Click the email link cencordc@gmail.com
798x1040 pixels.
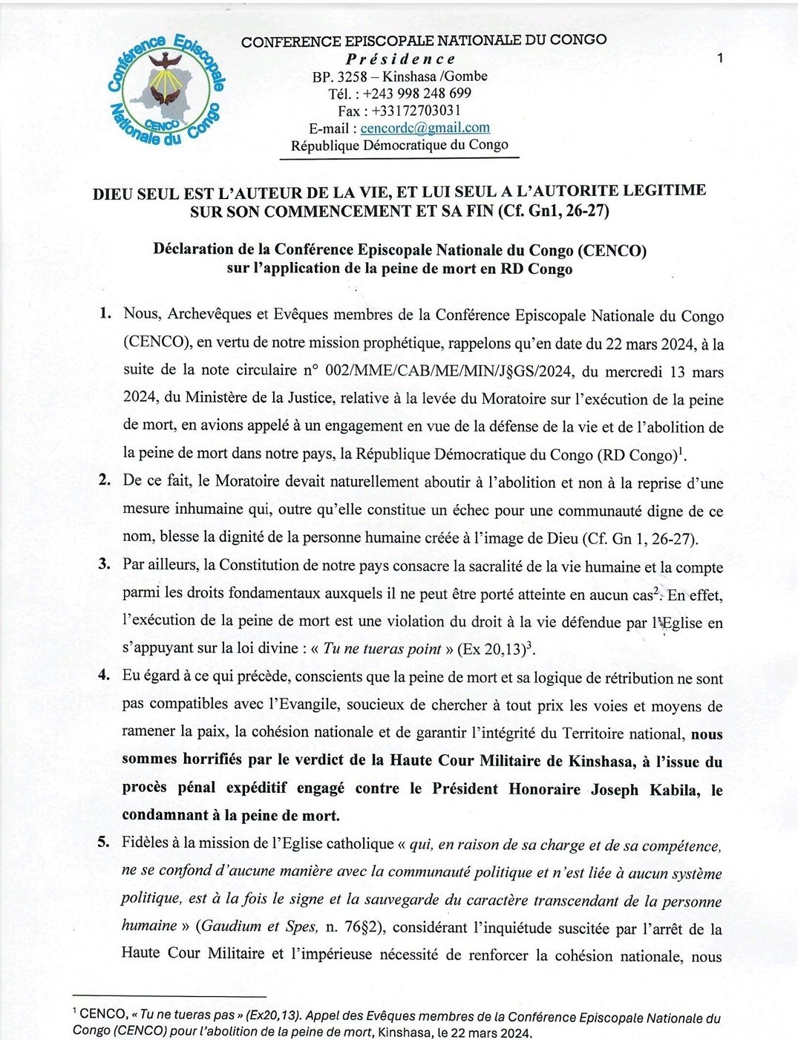point(425,128)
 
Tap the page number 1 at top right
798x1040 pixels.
point(720,58)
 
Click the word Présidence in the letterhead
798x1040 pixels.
point(401,59)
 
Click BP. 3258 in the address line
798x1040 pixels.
point(338,76)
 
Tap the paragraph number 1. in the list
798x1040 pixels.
point(105,313)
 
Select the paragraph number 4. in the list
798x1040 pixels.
point(105,675)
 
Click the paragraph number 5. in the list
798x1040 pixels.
point(105,842)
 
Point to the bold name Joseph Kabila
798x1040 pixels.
point(644,789)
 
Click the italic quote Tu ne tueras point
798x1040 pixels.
point(382,649)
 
